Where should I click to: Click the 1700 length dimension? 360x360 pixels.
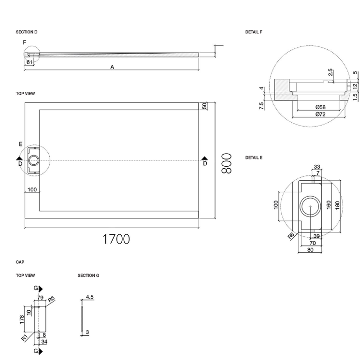(x=116, y=239)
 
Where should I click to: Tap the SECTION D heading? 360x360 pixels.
(x=27, y=32)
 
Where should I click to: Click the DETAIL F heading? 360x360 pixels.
(x=254, y=32)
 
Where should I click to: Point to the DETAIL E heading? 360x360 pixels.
(x=254, y=158)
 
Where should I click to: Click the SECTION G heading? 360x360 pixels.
(x=88, y=275)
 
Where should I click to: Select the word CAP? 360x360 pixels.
(x=20, y=262)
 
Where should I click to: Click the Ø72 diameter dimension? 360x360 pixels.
(x=319, y=114)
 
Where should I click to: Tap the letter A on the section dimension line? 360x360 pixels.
(x=112, y=68)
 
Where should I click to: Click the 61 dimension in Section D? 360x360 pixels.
(x=30, y=62)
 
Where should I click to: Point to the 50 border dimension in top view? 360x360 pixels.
(x=204, y=105)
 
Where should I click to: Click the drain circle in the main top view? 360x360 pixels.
(x=35, y=160)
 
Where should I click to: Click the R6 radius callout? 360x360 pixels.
(x=291, y=236)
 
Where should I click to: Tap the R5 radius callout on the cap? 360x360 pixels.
(x=51, y=300)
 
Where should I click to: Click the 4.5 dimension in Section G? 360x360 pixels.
(x=89, y=297)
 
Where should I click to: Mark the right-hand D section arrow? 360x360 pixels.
(x=204, y=158)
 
